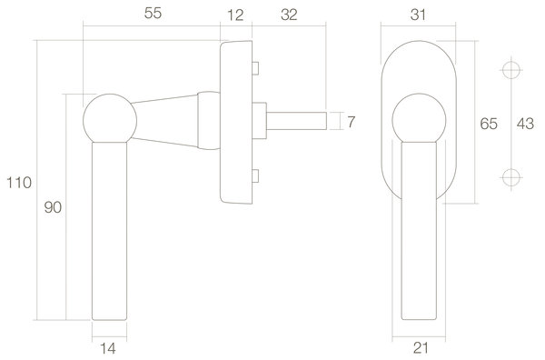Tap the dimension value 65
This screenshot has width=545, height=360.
point(487,125)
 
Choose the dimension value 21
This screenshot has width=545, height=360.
point(419,346)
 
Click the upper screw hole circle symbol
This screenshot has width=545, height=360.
point(511,70)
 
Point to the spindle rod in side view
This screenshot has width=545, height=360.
point(295,119)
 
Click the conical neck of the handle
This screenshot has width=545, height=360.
point(168,119)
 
